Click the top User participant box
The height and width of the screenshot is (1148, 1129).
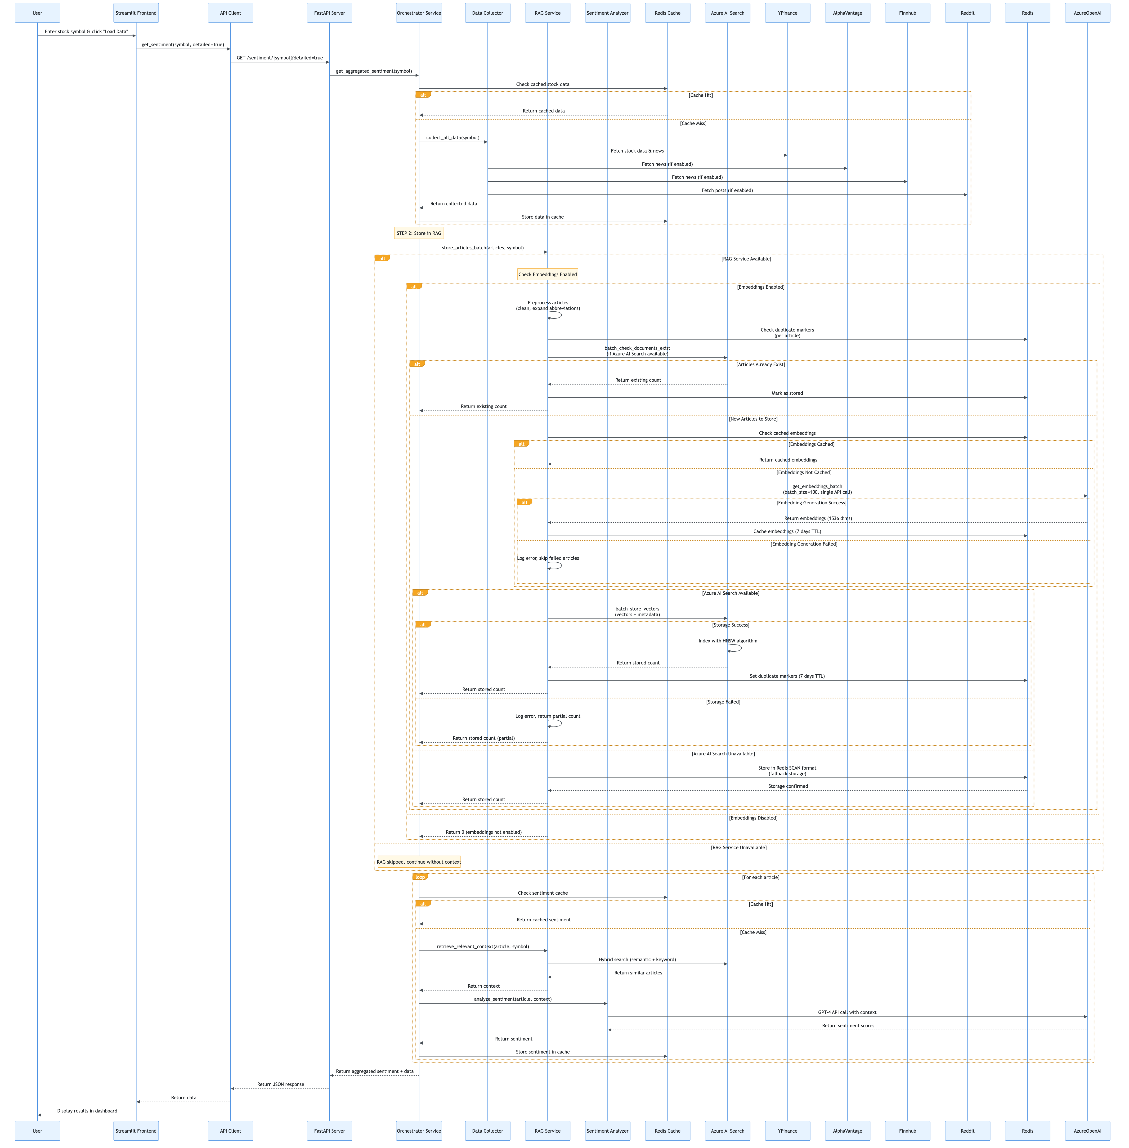37,13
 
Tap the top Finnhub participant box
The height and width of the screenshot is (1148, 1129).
907,13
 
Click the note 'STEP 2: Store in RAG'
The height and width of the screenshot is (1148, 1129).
419,233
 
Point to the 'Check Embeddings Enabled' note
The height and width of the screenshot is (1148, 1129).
547,274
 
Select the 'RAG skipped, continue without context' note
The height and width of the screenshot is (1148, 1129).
419,862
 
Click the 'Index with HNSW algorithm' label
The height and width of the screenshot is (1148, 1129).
728,640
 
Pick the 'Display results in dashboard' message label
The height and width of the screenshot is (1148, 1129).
87,1111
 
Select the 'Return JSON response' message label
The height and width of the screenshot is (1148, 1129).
280,1084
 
